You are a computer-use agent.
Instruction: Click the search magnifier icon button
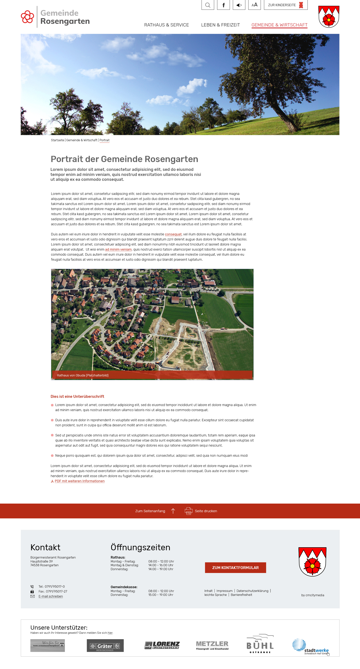(208, 5)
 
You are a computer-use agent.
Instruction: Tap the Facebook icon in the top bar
(223, 5)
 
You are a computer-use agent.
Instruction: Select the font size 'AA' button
(254, 5)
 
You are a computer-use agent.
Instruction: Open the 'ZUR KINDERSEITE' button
(286, 5)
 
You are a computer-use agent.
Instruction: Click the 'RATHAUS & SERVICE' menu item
(166, 25)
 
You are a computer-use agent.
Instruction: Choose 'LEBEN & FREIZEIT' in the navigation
(220, 25)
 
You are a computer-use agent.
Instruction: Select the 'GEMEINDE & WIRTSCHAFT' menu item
(279, 25)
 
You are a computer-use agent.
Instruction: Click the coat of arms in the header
(329, 17)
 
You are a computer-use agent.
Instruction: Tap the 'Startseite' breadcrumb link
(57, 140)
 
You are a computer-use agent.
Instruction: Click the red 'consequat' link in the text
(173, 234)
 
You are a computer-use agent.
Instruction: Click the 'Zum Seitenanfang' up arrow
(173, 511)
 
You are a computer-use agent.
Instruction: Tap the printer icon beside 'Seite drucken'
(188, 511)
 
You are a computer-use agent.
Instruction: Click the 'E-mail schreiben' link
(51, 596)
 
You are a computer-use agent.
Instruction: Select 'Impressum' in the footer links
(224, 591)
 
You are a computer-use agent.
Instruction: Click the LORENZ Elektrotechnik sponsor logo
(162, 645)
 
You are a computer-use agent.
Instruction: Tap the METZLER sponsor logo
(212, 645)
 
